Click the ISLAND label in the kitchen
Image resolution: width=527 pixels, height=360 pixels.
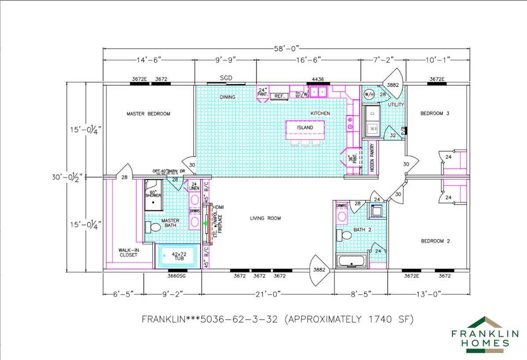pos(305,128)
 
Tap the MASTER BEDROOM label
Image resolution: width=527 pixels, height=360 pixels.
pos(148,114)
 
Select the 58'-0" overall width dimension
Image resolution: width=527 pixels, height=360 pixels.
pos(286,49)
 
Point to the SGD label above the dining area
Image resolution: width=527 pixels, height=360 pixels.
pos(226,78)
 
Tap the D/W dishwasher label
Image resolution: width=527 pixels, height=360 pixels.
pos(302,94)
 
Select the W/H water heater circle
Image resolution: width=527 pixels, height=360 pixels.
pos(369,94)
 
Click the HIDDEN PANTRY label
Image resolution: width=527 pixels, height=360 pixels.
pos(373,157)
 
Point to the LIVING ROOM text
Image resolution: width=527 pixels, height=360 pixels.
pos(265,218)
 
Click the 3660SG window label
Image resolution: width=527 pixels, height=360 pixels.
pos(176,276)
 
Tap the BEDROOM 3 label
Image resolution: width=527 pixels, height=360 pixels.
pos(435,113)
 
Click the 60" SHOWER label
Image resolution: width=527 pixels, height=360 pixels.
pos(153,194)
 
